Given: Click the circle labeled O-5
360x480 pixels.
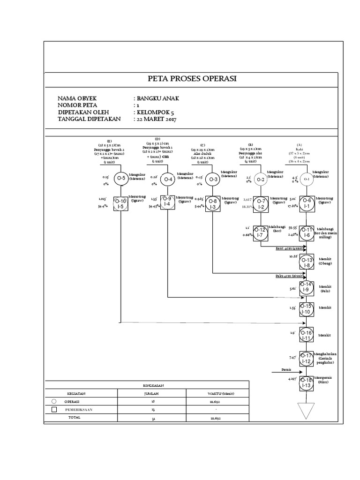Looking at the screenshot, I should point(121,178).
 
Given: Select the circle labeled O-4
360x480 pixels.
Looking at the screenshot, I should point(168,180).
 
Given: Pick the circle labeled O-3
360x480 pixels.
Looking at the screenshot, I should point(213,179).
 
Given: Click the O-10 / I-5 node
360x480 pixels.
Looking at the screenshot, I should point(120,203).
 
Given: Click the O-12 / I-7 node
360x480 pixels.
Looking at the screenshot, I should point(261,232).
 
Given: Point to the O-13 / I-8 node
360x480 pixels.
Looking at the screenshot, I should point(307,262).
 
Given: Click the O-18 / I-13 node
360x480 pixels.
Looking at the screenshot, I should point(306,382).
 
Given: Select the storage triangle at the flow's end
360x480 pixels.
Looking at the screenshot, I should point(306,411).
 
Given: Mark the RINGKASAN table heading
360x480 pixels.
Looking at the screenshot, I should point(150,384).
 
